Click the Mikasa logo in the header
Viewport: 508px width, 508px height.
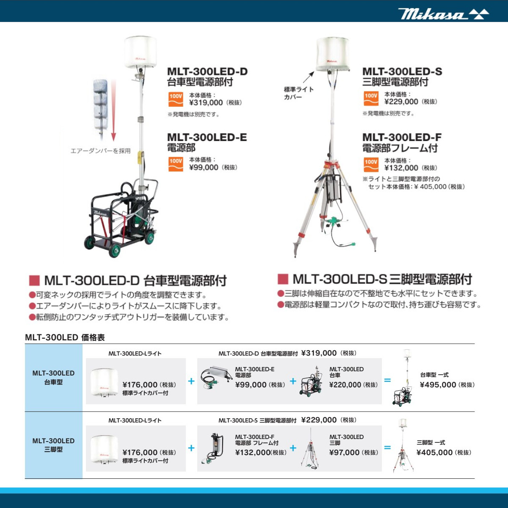tap(443, 14)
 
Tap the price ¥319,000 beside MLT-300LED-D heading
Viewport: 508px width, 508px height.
tap(206, 102)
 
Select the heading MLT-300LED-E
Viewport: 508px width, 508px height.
tap(207, 137)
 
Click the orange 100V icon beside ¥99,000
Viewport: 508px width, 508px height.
tap(176, 164)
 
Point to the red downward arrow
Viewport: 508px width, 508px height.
tap(113, 110)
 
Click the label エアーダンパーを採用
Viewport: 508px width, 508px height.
tap(100, 151)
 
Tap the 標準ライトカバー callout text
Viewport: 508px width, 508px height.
tap(298, 93)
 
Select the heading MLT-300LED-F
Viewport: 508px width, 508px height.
tap(402, 137)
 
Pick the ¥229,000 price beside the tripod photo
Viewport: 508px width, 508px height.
tap(401, 102)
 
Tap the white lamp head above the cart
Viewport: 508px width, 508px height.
tap(140, 52)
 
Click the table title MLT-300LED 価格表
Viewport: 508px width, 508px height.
tap(65, 337)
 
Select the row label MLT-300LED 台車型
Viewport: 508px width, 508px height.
tap(53, 378)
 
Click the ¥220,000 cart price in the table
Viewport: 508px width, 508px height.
tap(345, 385)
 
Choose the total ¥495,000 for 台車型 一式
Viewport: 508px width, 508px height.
tap(438, 385)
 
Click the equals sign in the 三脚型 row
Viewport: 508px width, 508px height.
tap(387, 447)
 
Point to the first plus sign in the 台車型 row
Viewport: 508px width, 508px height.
tap(191, 381)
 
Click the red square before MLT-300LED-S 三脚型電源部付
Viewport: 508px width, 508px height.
tap(283, 279)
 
